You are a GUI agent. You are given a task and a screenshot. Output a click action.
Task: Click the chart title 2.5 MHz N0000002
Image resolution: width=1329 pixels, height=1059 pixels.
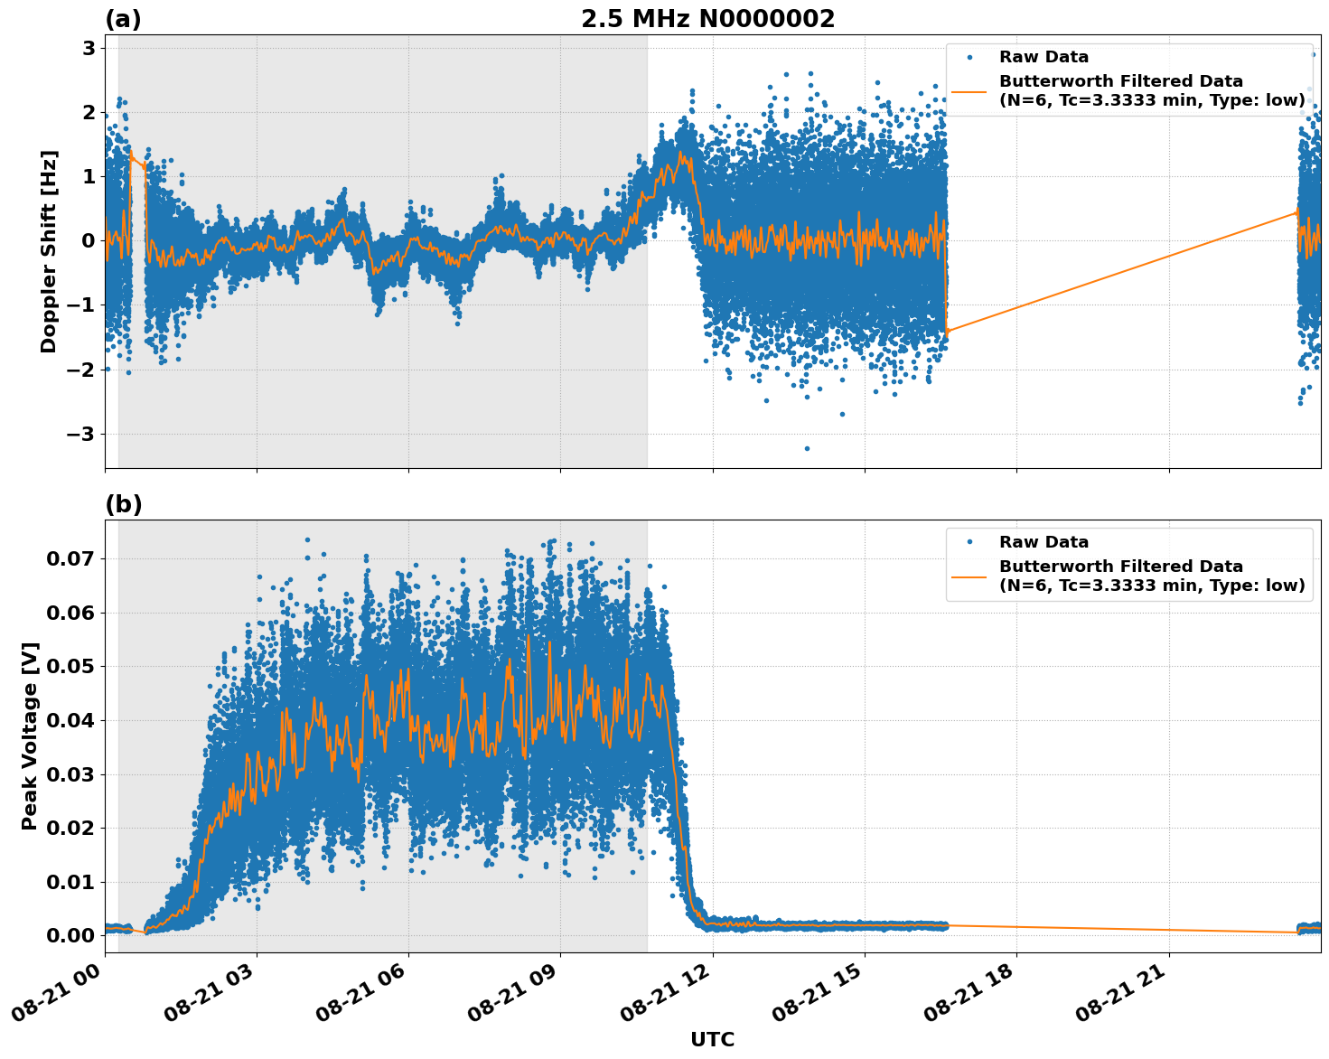coord(707,19)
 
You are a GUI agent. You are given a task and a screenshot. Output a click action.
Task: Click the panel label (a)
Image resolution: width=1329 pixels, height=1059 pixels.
coord(123,19)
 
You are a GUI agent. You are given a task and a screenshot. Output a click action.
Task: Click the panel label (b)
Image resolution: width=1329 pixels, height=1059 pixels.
coord(123,504)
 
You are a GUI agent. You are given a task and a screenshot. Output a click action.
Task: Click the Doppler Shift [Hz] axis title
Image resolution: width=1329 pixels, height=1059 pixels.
coord(49,251)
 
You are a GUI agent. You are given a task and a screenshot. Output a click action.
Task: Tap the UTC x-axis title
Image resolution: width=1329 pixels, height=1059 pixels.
coord(712,1039)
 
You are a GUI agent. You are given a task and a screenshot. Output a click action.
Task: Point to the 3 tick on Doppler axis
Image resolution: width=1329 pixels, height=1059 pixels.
coord(89,48)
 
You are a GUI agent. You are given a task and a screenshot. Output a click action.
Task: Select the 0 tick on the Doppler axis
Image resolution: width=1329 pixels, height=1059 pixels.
coord(89,241)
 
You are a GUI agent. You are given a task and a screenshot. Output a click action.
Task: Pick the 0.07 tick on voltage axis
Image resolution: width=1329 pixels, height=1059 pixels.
coord(70,558)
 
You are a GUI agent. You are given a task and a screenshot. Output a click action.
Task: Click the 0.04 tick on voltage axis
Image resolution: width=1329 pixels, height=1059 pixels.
coord(70,720)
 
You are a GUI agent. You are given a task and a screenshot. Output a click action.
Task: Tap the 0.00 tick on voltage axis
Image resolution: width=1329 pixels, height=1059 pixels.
coord(70,935)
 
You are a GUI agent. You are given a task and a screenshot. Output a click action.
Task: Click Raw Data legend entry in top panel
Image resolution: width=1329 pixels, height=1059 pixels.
coord(1044,57)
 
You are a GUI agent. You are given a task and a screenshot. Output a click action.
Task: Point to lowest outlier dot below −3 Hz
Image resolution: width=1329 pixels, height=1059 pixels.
coord(807,448)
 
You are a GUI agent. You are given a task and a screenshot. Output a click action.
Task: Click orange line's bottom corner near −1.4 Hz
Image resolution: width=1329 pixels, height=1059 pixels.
coord(947,333)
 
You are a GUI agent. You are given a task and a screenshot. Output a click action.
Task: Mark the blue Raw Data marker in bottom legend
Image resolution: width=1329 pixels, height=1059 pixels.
coord(969,542)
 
